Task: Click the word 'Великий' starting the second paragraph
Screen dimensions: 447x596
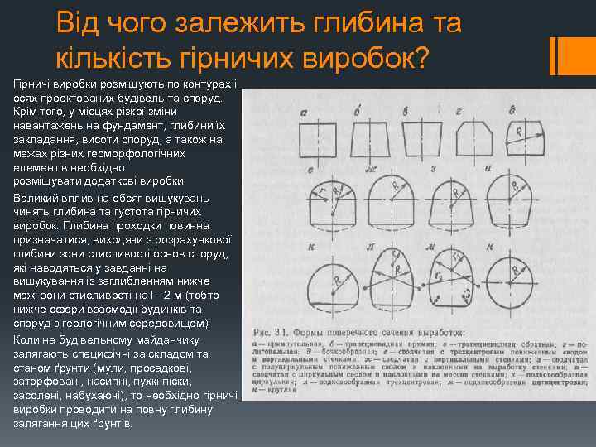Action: click(x=35, y=199)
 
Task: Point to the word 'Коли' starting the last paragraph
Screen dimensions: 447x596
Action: click(x=26, y=339)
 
